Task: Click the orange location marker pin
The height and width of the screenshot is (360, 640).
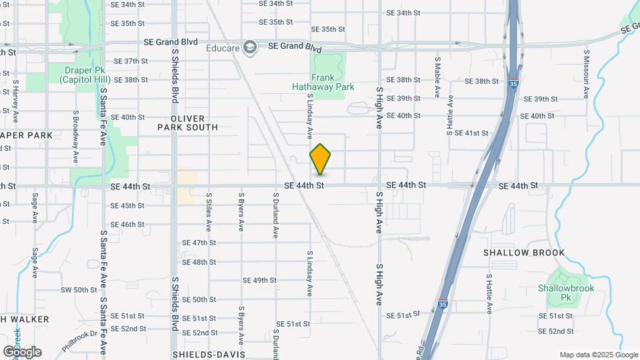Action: point(321,159)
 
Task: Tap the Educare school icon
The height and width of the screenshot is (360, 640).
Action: point(250,47)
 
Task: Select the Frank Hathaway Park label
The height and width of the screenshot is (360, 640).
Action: point(323,82)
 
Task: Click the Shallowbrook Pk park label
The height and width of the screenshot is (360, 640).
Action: point(566,293)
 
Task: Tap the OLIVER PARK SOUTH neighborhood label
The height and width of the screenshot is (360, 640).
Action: point(188,122)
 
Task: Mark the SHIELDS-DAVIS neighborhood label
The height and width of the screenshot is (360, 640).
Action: point(209,355)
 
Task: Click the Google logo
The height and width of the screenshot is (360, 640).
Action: point(22,352)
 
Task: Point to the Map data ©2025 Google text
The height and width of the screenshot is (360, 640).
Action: point(597,355)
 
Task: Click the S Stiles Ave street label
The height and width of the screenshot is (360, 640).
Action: point(209,213)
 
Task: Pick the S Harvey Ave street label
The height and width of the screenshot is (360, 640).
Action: point(15,102)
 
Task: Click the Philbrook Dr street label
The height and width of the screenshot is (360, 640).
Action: point(81,340)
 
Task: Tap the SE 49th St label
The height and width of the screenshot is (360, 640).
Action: point(259,280)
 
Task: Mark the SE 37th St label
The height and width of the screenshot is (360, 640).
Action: point(131,61)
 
